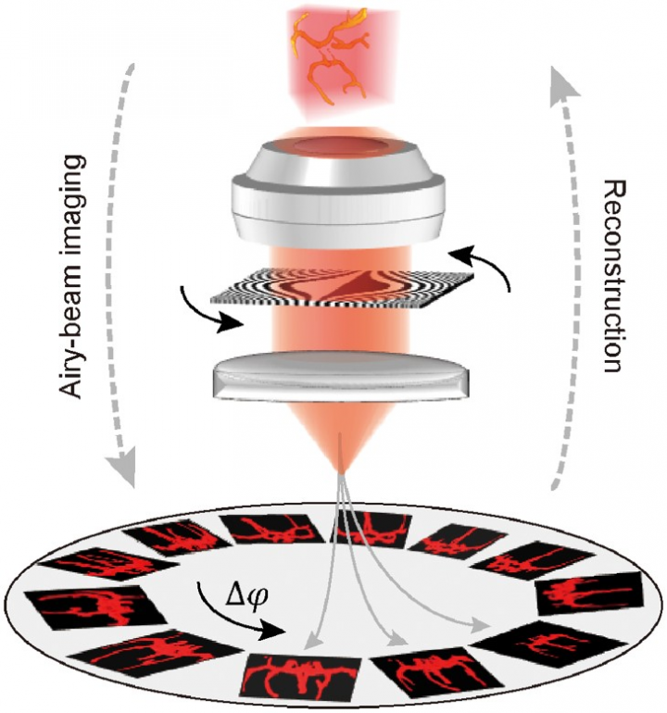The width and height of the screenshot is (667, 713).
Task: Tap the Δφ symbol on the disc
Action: tap(246, 595)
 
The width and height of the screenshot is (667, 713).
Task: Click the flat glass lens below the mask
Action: tap(341, 376)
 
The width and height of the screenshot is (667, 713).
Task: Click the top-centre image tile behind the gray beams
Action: tap(371, 528)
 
